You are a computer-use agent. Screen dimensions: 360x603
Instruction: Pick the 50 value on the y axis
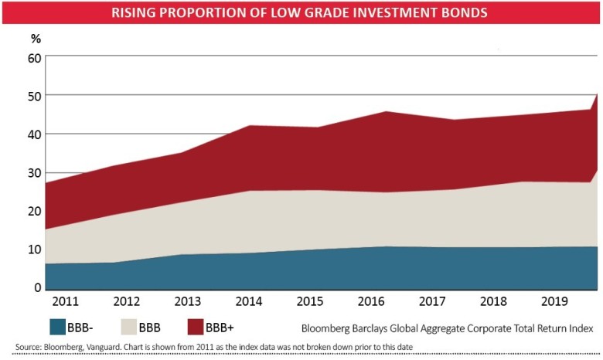(x=33, y=96)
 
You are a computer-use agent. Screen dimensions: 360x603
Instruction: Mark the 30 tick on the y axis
(x=33, y=172)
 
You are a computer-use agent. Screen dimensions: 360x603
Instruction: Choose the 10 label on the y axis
(x=33, y=250)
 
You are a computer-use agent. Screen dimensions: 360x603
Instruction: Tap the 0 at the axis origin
(x=36, y=287)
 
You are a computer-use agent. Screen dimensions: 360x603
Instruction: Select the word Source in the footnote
(x=29, y=347)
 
